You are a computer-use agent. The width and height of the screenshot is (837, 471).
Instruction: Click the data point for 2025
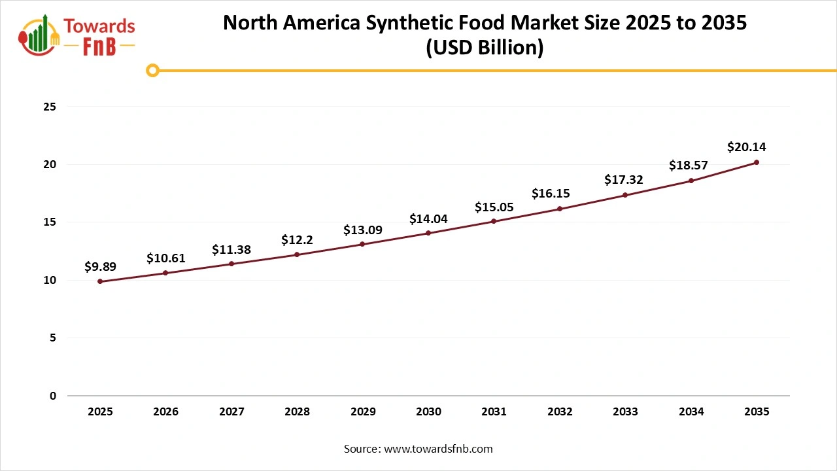tap(100, 281)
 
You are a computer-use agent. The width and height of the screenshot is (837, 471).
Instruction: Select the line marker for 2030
tap(428, 233)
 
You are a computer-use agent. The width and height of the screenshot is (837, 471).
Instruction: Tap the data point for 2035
tap(757, 162)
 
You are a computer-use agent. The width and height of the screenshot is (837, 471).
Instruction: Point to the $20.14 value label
tap(746, 148)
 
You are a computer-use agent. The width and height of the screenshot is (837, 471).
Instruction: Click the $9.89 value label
tap(100, 267)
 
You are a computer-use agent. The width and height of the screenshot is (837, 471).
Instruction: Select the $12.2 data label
tap(297, 240)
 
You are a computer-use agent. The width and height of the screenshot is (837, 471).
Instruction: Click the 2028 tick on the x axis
tap(297, 412)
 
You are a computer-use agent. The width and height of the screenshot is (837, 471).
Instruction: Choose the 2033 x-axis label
tap(625, 412)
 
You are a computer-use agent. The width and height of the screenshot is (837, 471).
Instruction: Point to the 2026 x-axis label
tap(165, 412)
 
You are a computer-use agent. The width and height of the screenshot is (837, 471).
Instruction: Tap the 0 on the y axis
tap(53, 396)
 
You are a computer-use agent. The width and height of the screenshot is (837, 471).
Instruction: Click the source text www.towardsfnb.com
tap(437, 449)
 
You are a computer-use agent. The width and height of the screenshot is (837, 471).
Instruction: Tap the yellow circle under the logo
tap(152, 71)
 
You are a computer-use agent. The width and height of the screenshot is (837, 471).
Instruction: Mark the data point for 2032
tap(560, 209)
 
